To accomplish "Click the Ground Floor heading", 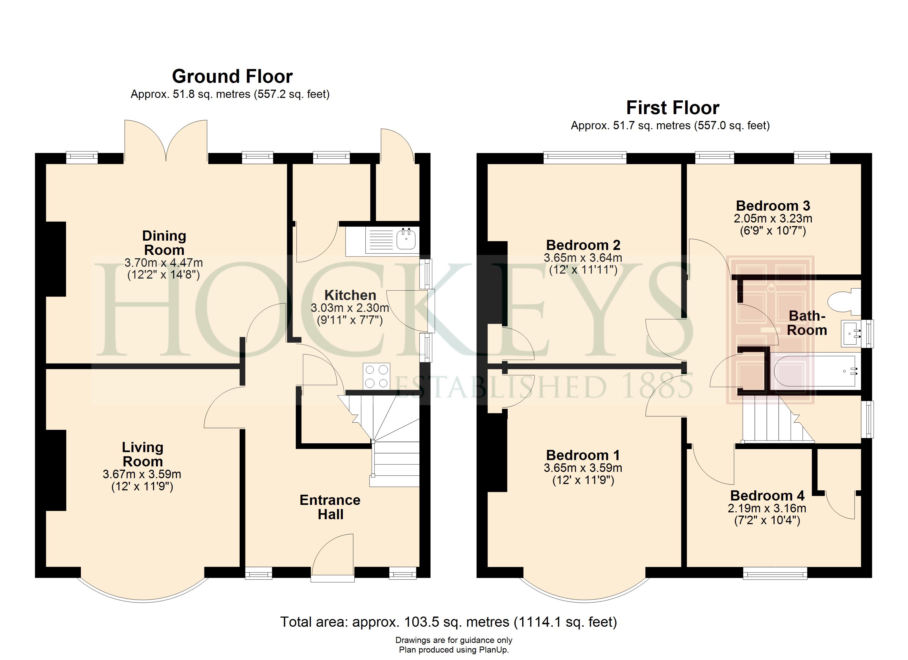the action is (x=232, y=76).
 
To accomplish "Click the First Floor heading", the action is (x=672, y=108).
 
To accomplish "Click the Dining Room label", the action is (x=164, y=243).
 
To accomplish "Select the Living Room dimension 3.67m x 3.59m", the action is (x=142, y=474).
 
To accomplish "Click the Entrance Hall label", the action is (x=330, y=507).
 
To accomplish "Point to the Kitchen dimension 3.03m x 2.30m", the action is (x=350, y=308).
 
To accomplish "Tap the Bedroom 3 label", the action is (x=773, y=206).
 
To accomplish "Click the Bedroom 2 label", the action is (x=583, y=245).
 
